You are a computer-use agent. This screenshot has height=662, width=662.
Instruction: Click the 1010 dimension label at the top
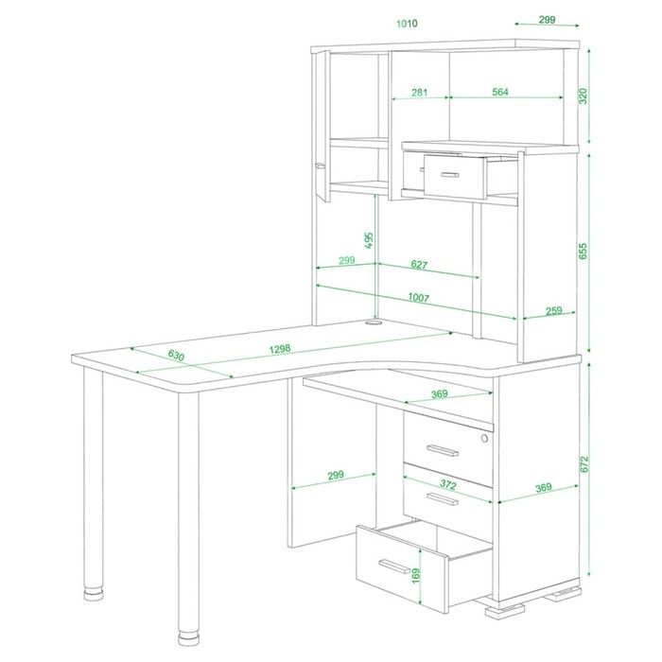pos(407,24)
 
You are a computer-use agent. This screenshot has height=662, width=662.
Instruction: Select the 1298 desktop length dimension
pos(280,349)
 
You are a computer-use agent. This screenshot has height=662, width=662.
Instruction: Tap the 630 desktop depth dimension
pos(176,356)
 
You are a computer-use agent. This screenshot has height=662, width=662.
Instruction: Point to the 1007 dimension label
pos(418,298)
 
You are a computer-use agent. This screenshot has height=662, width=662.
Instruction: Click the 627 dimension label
pos(419,265)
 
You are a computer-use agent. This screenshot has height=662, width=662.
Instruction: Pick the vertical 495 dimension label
pos(369,240)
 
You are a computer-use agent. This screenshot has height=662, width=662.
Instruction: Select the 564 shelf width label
pos(500,92)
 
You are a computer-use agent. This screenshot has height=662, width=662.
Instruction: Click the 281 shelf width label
pos(419,92)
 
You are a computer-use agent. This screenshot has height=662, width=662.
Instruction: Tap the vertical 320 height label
pos(583,96)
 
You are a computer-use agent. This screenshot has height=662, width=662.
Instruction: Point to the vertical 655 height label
pos(583,252)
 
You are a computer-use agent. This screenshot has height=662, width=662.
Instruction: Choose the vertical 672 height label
pos(584,464)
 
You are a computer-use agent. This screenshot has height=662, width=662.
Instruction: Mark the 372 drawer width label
pos(448,484)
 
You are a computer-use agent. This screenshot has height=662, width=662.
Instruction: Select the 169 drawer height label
pos(416,576)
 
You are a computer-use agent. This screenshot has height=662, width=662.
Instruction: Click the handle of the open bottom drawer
pos(394,566)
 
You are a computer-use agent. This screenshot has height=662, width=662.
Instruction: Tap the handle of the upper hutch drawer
pos(450,174)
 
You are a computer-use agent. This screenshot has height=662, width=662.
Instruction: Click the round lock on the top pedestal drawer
pos(484,438)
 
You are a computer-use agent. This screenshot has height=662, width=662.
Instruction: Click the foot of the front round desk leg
pos(188,638)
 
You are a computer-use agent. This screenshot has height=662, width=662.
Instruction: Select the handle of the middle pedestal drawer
pos(442,499)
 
